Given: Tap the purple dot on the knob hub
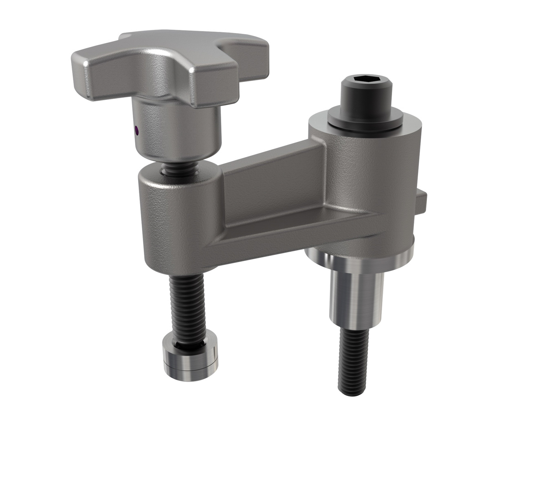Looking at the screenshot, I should coord(136,130).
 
